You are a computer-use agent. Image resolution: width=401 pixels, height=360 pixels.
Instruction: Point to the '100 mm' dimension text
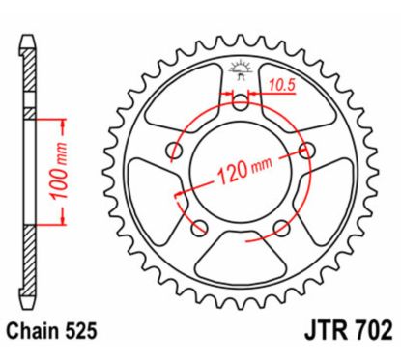(62, 181)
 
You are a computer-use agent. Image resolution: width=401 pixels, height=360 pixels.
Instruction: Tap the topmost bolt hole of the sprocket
(242, 102)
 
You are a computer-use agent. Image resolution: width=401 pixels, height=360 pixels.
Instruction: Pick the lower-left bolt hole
(200, 228)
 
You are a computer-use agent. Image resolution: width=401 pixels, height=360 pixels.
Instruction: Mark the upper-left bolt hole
(174, 151)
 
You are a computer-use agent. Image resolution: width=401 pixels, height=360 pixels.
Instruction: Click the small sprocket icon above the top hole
(241, 68)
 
